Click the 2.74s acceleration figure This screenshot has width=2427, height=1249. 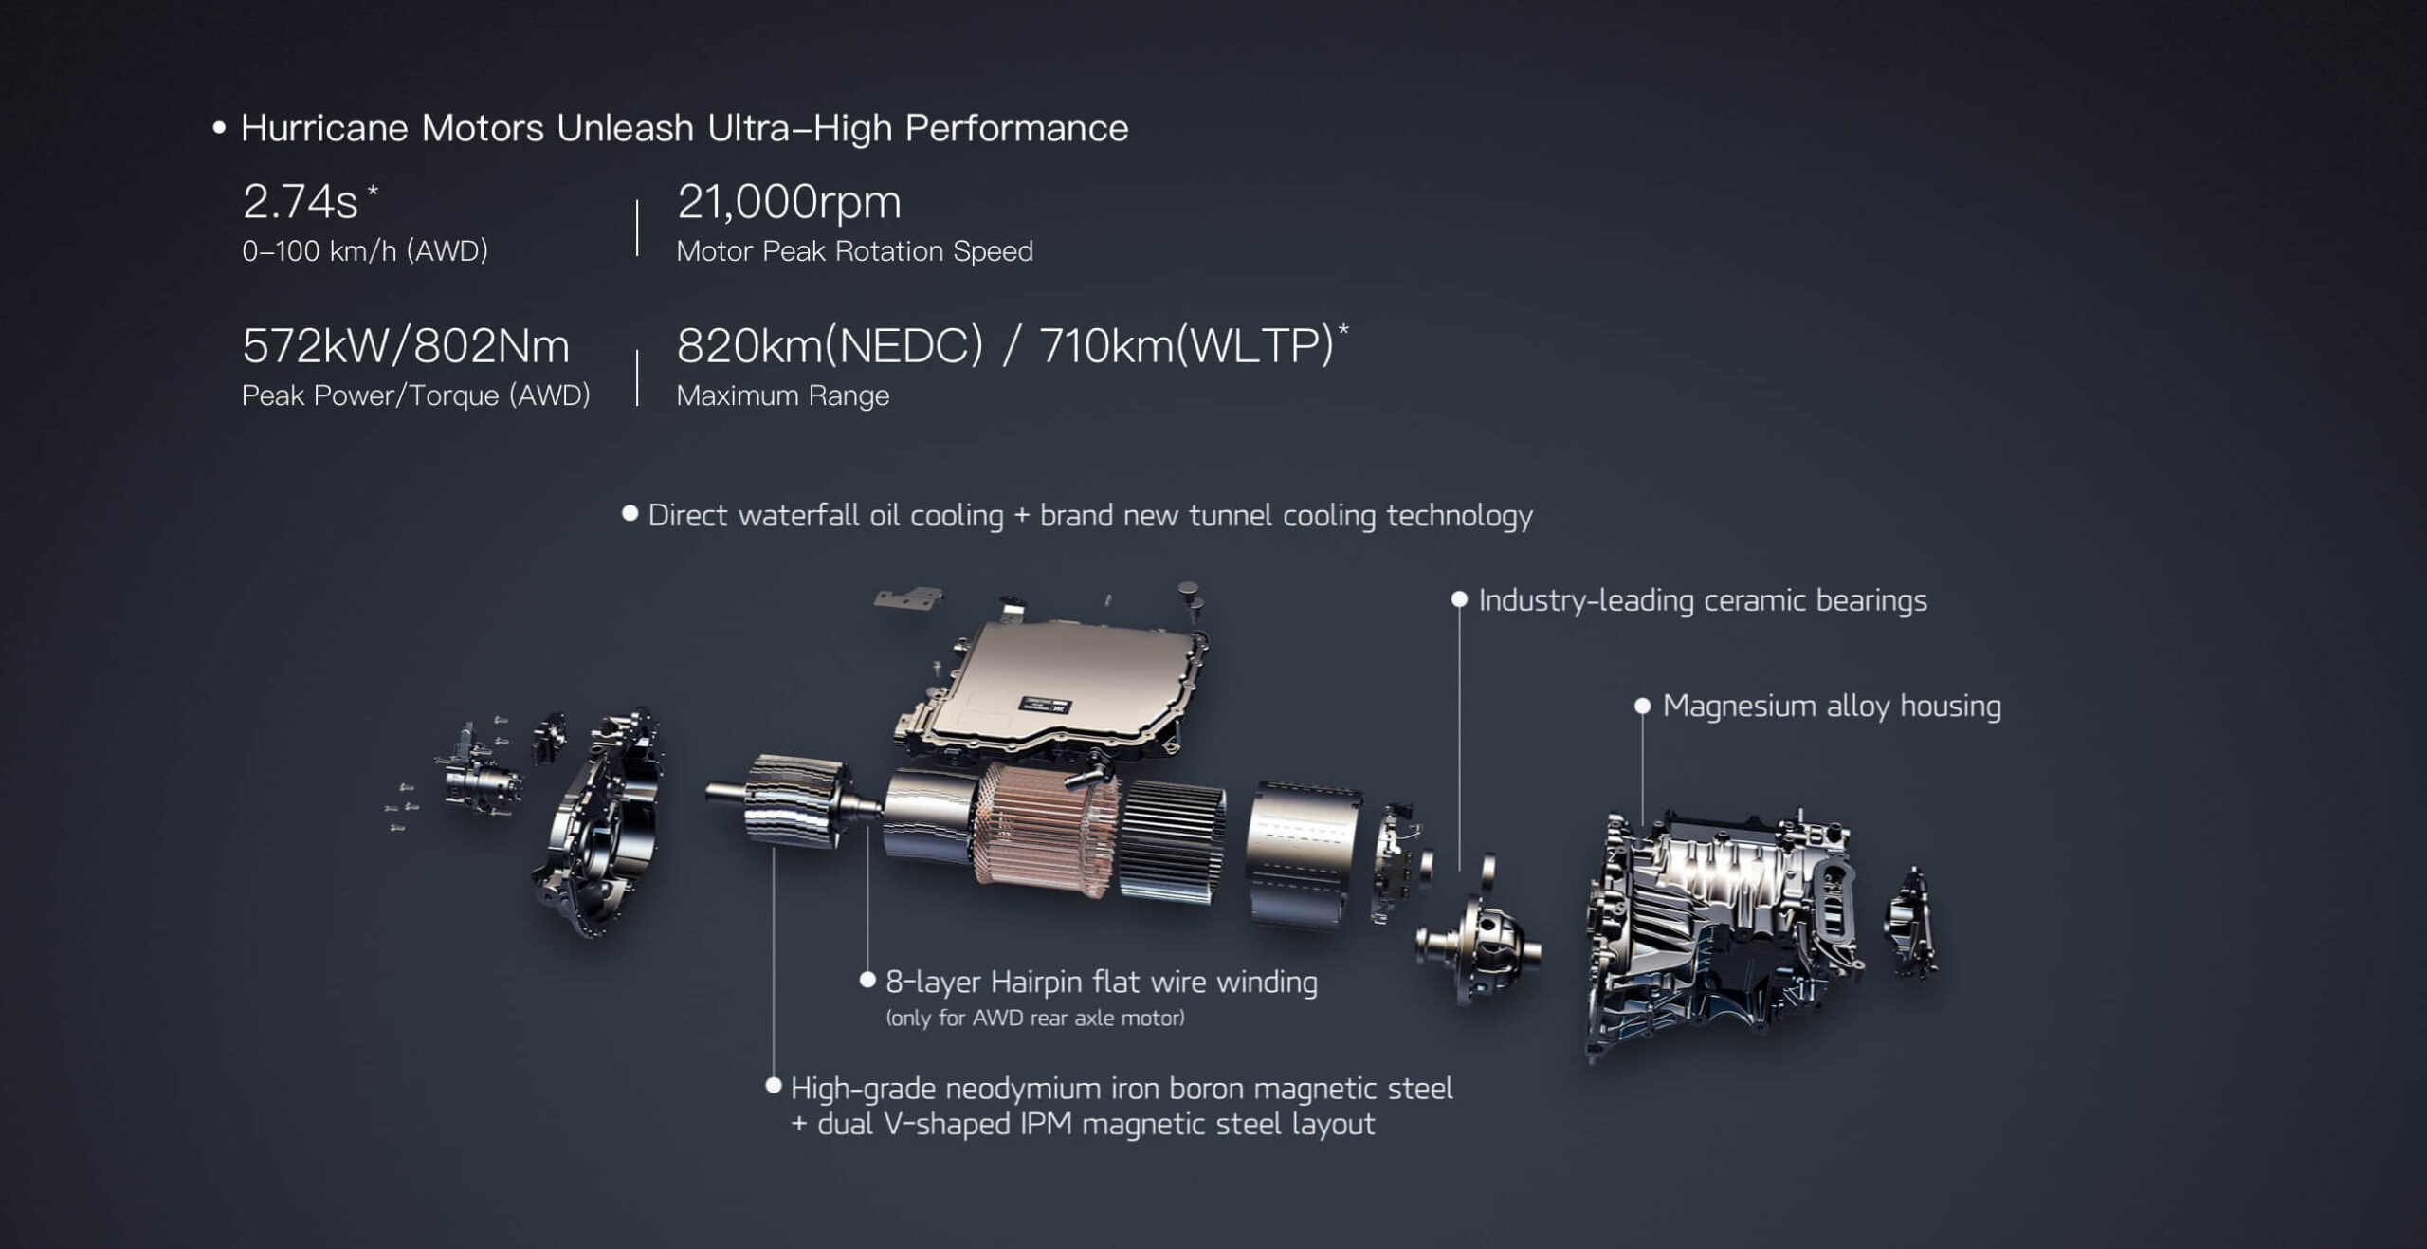click(x=301, y=201)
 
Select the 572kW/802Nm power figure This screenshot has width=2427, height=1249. click(x=406, y=346)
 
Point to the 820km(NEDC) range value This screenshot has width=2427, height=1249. click(x=830, y=346)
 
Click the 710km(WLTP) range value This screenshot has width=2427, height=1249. click(x=1187, y=346)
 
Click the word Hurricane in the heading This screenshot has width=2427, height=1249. click(x=324, y=128)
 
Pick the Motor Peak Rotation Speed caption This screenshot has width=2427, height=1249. click(x=854, y=251)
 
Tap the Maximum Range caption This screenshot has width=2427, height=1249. click(x=783, y=395)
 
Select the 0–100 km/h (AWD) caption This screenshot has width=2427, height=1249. click(x=365, y=251)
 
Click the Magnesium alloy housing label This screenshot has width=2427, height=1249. click(x=1832, y=707)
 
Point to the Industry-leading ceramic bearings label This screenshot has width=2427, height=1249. click(x=1703, y=600)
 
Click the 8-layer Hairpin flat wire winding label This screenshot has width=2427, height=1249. click(x=1102, y=983)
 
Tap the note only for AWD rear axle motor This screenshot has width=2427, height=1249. click(x=1035, y=1019)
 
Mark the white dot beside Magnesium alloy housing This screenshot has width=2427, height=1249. click(x=1643, y=707)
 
